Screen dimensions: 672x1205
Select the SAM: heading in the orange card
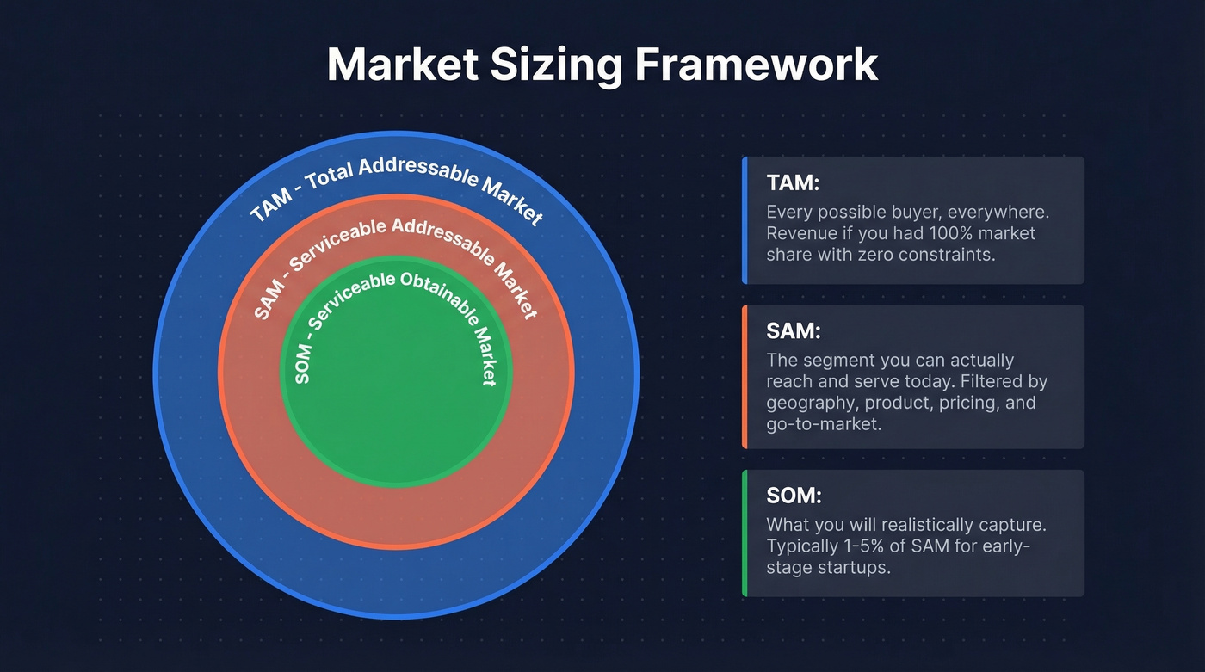click(788, 331)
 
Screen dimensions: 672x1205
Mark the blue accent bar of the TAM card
click(744, 220)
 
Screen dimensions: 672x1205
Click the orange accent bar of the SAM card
click(744, 377)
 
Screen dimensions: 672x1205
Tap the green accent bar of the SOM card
click(744, 533)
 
